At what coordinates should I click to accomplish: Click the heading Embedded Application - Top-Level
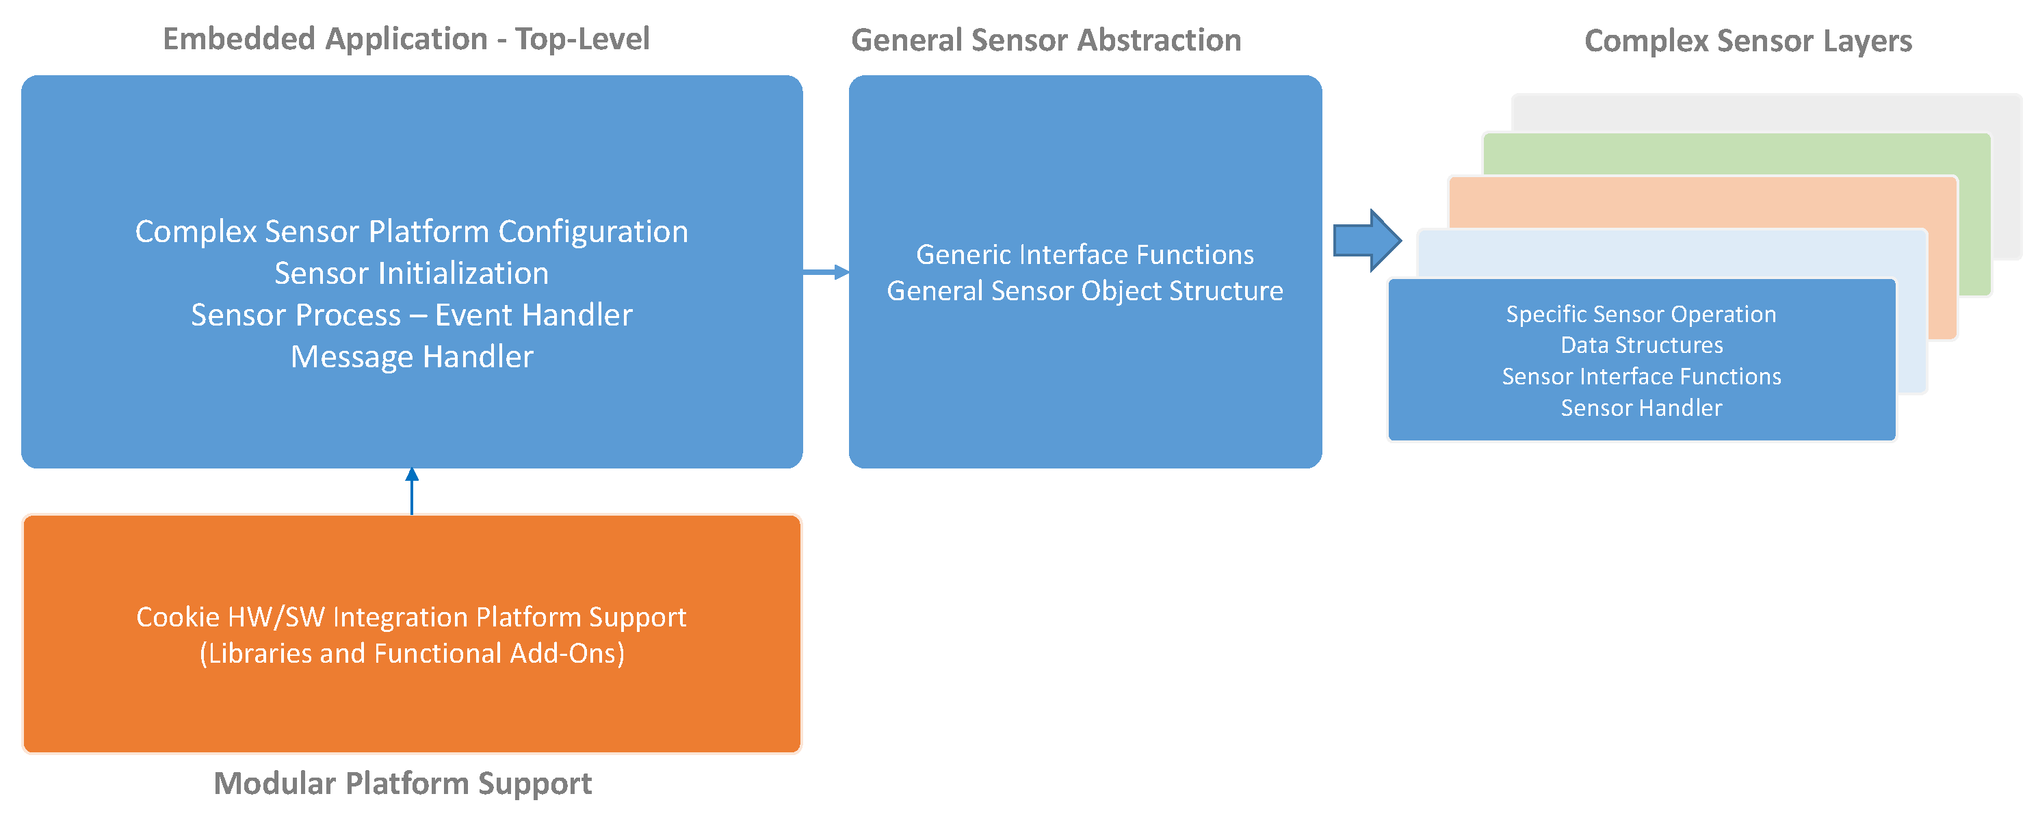point(406,40)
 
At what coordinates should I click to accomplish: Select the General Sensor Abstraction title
point(1046,40)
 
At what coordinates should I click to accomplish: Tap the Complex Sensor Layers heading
point(1748,41)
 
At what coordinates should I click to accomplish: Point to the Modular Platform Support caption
point(403,783)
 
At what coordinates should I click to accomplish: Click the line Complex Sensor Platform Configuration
point(411,232)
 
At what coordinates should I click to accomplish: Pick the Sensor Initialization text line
point(411,274)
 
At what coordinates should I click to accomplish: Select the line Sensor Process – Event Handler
point(411,315)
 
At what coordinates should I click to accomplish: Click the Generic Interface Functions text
point(1084,254)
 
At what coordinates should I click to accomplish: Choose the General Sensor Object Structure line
point(1084,291)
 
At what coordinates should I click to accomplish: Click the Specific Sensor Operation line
point(1641,315)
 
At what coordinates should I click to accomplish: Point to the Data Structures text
point(1641,345)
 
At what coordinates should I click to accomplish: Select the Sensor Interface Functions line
point(1641,376)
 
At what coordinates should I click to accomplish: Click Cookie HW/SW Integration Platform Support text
point(411,617)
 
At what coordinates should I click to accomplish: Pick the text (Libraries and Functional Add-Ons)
point(411,654)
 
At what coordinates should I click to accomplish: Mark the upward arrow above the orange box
point(411,490)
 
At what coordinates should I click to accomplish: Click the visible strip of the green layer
point(1733,154)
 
